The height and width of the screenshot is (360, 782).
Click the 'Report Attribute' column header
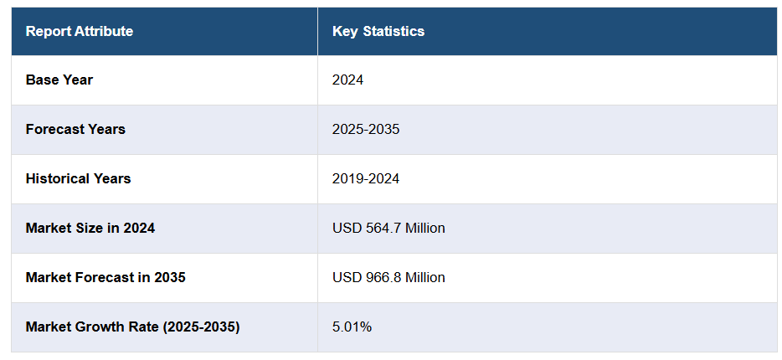(80, 32)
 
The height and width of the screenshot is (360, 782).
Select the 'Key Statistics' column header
(378, 32)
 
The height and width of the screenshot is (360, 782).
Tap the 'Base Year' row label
(59, 80)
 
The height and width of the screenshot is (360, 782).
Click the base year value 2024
(347, 80)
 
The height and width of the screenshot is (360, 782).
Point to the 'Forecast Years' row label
(75, 130)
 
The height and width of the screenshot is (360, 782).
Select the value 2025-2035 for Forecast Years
(366, 130)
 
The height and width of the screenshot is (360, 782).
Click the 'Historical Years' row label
(78, 178)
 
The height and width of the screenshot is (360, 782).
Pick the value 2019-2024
(366, 178)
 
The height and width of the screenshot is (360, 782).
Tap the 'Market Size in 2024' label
(90, 228)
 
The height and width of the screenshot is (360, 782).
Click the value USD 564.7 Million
(388, 228)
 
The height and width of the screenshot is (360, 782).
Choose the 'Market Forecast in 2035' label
(105, 277)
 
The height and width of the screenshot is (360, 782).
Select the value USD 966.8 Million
(388, 277)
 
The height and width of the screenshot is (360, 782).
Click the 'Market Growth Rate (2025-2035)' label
(132, 327)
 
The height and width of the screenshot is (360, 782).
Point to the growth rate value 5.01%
(352, 327)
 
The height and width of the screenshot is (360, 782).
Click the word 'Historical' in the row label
(58, 178)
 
